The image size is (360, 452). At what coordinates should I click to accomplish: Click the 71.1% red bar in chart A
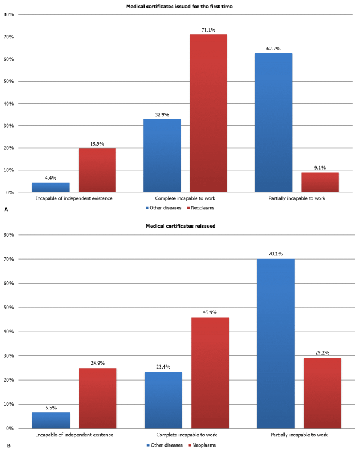coord(209,113)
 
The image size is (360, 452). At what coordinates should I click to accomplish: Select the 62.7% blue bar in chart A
coord(273,123)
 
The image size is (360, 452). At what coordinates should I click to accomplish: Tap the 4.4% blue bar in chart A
coord(51,187)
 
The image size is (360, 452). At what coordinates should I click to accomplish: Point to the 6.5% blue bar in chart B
coord(51,420)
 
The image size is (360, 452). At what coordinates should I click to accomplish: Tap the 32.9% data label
coord(162,114)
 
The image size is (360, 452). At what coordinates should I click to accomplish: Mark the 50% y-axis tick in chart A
coord(10,81)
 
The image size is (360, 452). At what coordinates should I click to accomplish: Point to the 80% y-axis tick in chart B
coord(10,235)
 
